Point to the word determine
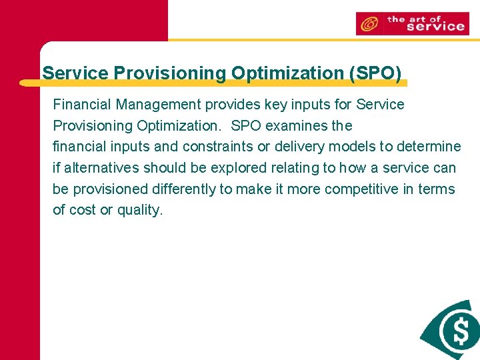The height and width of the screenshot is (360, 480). click(429, 147)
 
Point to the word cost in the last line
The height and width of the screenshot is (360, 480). click(83, 211)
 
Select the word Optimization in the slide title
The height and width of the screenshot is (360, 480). click(287, 73)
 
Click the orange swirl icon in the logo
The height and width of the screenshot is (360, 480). click(368, 24)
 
